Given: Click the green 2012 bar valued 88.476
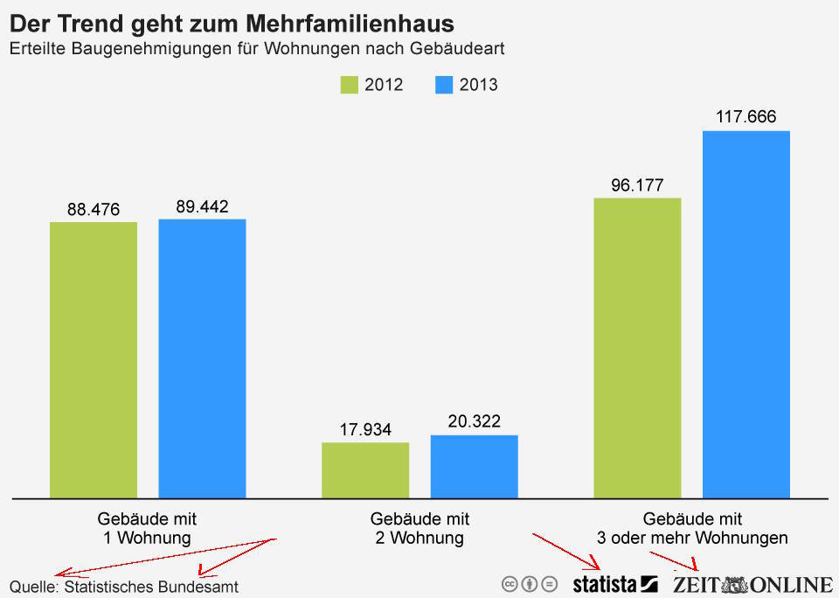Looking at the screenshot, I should [94, 359].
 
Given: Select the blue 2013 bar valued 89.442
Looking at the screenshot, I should [202, 358].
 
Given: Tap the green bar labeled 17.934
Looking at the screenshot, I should [365, 469].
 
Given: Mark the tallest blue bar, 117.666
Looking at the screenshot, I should [746, 314].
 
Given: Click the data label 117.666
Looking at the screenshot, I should [745, 116].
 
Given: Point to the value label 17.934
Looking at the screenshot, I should [365, 429].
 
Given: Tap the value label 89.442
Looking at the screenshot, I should [202, 206].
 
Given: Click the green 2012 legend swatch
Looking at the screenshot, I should [349, 85].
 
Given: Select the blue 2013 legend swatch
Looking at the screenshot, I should [444, 85].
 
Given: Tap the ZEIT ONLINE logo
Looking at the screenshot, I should [752, 584].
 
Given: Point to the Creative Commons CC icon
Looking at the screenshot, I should [510, 584].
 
